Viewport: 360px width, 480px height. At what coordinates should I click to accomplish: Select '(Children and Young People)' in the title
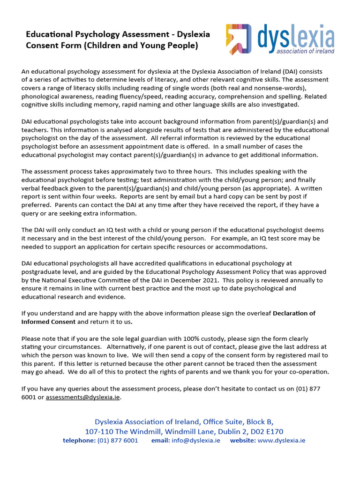[x=151, y=45]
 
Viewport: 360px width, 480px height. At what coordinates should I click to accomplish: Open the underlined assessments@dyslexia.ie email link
[x=83, y=397]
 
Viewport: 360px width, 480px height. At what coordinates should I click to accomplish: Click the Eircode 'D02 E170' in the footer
[x=267, y=431]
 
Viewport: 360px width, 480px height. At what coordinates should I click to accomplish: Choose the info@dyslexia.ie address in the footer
[x=196, y=441]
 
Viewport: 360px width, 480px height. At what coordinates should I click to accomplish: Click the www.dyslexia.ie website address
[x=281, y=441]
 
